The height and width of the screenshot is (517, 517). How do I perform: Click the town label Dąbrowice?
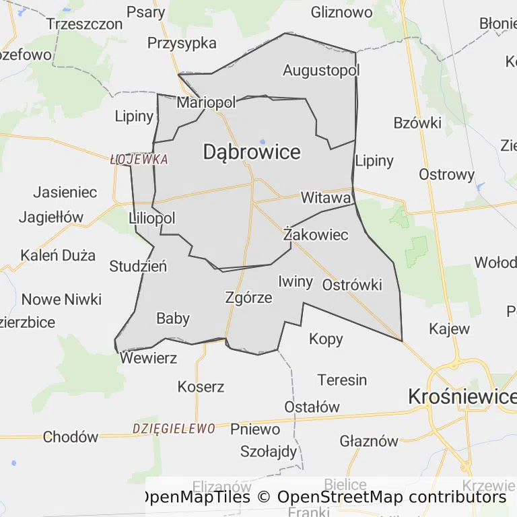(x=252, y=153)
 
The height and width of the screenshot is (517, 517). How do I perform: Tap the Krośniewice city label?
(x=462, y=397)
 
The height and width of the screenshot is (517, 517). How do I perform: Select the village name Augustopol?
(x=321, y=70)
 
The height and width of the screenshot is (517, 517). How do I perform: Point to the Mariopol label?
(x=206, y=103)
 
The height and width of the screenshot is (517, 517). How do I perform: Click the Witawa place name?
(x=326, y=198)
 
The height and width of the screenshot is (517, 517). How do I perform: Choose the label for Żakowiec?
(x=316, y=235)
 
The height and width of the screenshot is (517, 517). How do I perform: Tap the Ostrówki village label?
(x=352, y=285)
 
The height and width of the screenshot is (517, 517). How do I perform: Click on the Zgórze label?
(x=249, y=298)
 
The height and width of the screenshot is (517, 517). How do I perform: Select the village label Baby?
(x=173, y=318)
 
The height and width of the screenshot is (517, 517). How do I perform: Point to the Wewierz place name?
(x=149, y=357)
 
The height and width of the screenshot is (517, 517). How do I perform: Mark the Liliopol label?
(x=151, y=218)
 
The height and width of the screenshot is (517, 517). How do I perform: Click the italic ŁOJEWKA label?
(x=139, y=160)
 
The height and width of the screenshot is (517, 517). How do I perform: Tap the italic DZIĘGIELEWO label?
(x=174, y=429)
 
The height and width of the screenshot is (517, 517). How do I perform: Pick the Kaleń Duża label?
(x=58, y=256)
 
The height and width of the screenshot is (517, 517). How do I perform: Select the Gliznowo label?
(x=341, y=12)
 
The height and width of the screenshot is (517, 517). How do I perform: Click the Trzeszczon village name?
(x=85, y=24)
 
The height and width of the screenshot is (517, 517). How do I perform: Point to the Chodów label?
(x=71, y=438)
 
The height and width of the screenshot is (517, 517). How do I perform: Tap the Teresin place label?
(x=343, y=380)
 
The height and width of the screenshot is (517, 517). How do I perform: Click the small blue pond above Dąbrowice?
(x=263, y=141)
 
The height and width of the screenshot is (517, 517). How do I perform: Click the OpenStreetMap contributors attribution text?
(x=391, y=497)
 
